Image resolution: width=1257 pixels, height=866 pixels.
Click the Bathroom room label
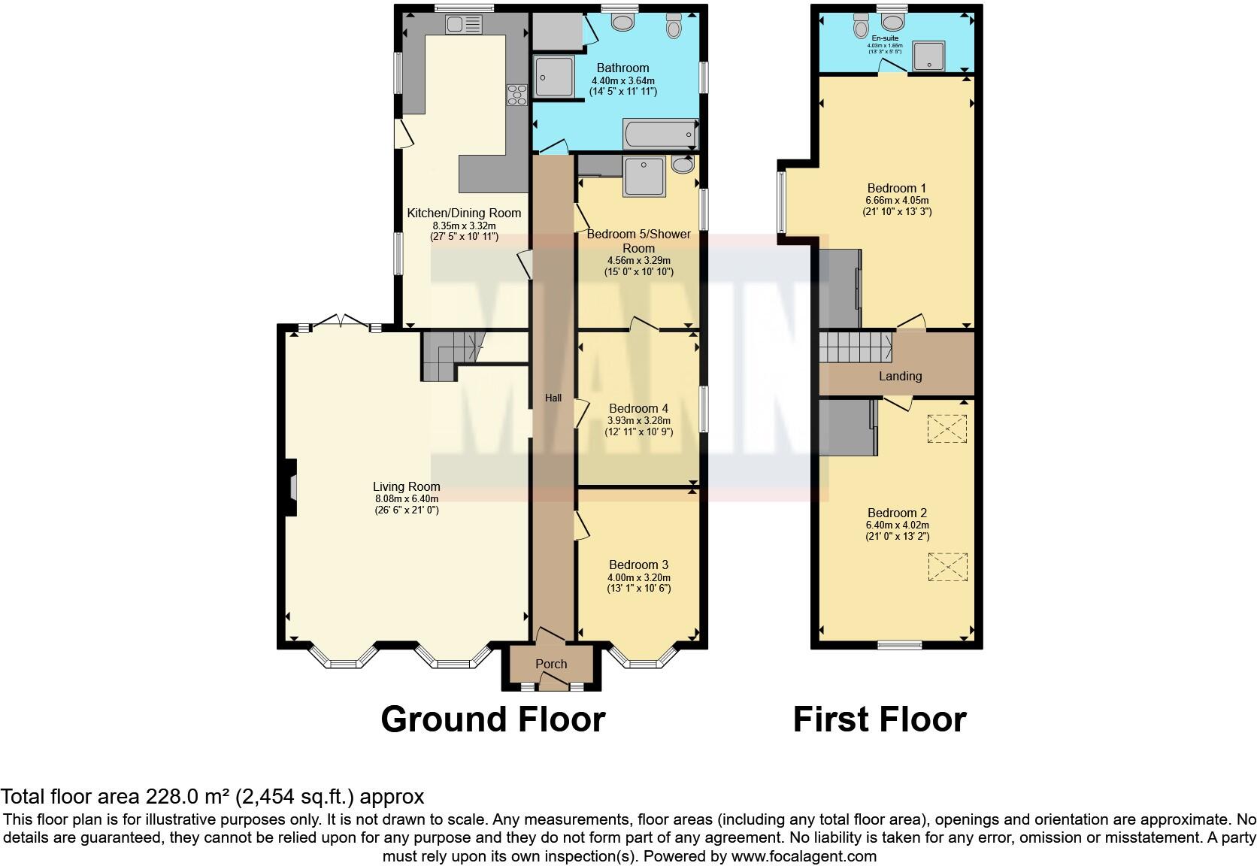622,68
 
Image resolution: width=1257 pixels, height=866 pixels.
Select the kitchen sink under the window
462,25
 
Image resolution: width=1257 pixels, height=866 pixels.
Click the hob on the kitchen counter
517,95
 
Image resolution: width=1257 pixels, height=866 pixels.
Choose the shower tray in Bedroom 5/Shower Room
644,176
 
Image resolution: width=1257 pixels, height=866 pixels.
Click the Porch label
551,664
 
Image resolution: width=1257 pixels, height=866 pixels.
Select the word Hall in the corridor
553,398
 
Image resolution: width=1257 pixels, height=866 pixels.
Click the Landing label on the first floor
900,376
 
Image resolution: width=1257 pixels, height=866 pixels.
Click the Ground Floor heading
492,719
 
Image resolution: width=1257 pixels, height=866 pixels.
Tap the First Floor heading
879,719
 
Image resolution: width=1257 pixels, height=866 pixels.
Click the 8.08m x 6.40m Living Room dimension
406,498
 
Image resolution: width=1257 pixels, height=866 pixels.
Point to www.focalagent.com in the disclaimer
804,855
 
